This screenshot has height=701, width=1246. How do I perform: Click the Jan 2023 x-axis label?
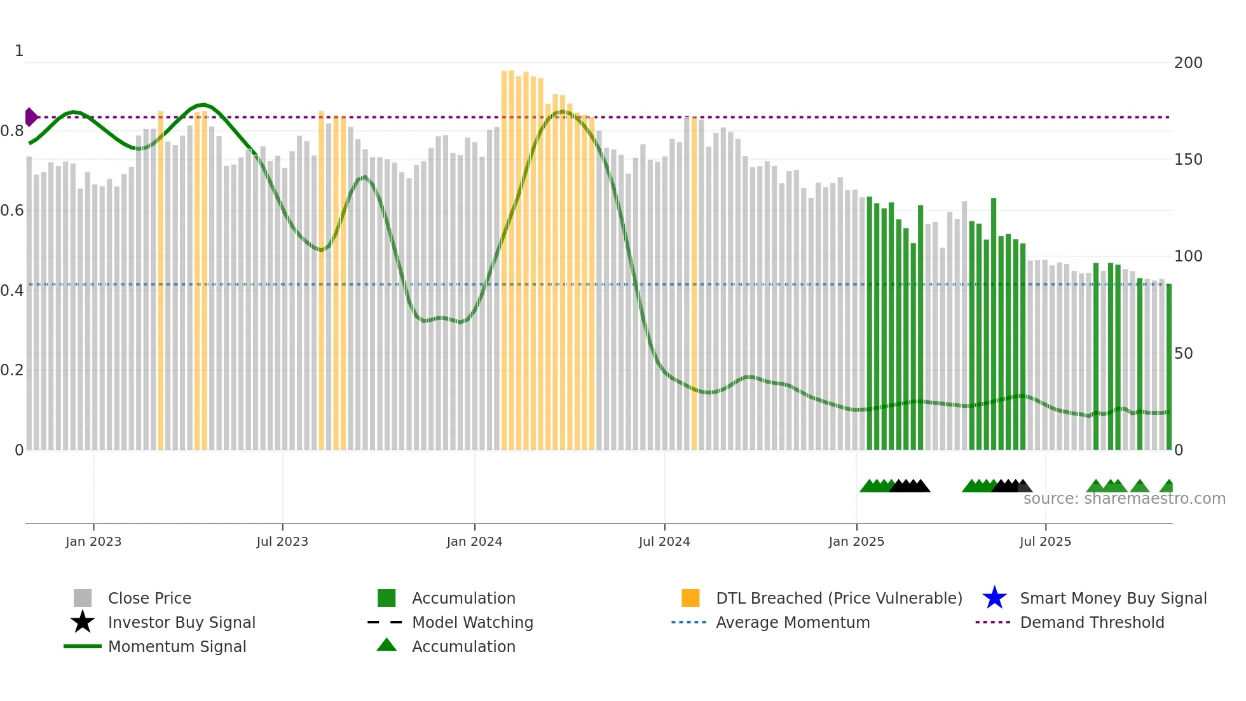point(93,541)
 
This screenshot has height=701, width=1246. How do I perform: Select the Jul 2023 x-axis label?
point(282,541)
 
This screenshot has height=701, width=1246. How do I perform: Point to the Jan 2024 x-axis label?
point(474,541)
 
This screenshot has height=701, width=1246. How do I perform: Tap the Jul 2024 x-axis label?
point(664,541)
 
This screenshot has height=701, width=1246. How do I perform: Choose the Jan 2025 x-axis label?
point(856,541)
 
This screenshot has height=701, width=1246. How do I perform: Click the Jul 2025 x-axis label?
point(1045,541)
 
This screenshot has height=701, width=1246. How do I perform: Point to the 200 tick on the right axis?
point(1188,63)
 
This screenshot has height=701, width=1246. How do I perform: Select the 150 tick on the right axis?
point(1188,160)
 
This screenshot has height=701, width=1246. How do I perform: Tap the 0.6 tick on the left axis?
point(12,211)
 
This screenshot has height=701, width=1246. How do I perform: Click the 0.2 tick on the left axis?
point(12,370)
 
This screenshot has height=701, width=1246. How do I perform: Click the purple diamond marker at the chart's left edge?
point(31,117)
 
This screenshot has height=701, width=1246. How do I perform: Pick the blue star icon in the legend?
point(994,598)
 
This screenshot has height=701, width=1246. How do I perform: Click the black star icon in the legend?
point(83,622)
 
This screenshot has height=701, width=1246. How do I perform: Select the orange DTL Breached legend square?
point(690,598)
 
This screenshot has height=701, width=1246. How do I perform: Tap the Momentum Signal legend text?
point(177,646)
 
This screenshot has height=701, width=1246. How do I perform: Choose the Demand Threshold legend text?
point(1092,622)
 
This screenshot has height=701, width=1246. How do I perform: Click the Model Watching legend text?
point(472,622)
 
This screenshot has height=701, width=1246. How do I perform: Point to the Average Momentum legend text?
point(793,622)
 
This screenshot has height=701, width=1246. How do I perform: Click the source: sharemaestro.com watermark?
point(1124,499)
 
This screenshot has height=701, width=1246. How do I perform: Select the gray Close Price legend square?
point(83,598)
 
